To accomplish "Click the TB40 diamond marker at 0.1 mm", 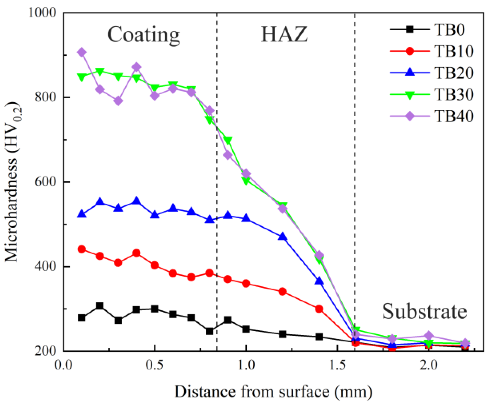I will coord(82,52).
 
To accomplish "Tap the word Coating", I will coord(143,35).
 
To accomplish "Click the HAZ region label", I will coord(284,35).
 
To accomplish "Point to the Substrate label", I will coord(424,311).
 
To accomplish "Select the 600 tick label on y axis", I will coord(45,182).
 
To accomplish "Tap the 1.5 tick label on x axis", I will coord(337,365).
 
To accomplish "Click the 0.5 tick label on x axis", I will coord(154,365).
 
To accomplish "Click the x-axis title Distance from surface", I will coord(273,391).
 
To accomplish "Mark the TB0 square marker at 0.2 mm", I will coord(100,306).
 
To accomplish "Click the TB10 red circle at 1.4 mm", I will coord(319,309).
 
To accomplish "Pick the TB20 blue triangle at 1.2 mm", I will coord(282,236).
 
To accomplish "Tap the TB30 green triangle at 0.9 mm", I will coord(228,141).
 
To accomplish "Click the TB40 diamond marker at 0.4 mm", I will coord(136,67).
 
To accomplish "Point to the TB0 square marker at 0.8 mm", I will coord(209,331).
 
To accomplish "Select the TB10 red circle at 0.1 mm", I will coord(82,249).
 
